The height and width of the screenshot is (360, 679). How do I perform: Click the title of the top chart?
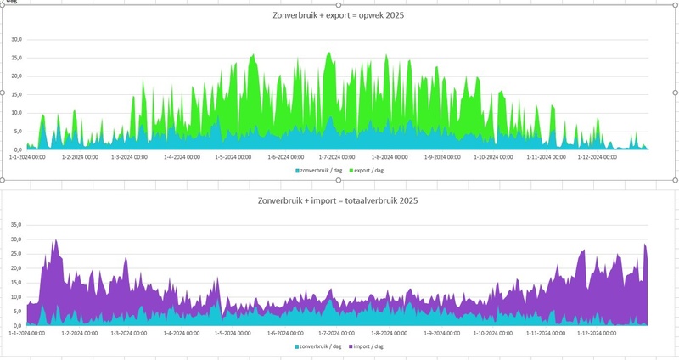pos(338,16)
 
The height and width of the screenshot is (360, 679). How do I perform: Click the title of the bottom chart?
pos(337,201)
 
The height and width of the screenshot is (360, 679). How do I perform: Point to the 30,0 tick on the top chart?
pos(15,39)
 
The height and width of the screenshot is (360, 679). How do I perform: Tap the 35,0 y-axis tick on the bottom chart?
pos(15,225)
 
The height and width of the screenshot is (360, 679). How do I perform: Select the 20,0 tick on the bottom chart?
pos(15,268)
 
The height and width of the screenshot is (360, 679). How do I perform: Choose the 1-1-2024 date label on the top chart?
pos(27,157)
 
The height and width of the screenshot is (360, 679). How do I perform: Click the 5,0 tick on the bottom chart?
pos(15,312)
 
